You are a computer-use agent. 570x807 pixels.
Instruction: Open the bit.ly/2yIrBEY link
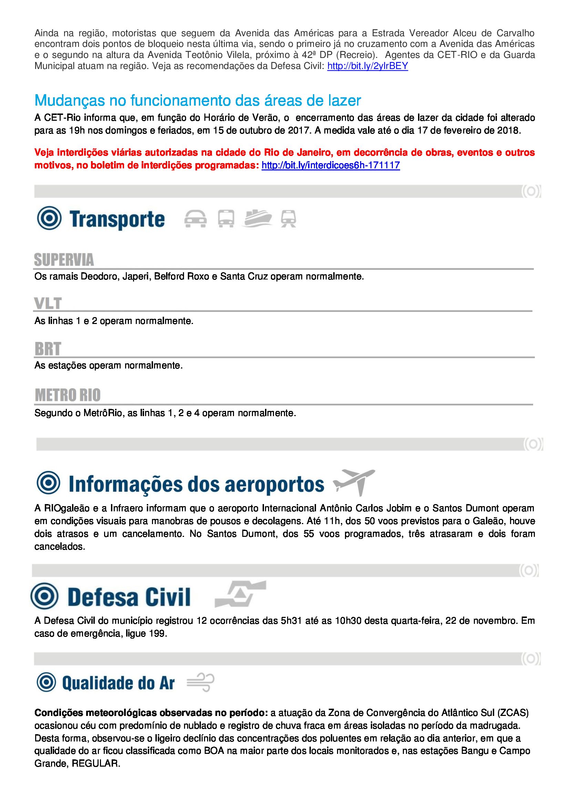pos(367,66)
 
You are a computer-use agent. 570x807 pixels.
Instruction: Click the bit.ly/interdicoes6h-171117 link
pos(330,165)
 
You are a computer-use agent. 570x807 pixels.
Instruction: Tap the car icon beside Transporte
pos(195,219)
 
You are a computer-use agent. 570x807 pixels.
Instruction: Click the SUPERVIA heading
pos(64,260)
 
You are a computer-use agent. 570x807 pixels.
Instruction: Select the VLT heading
pos(48,303)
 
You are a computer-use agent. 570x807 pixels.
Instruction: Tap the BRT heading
pos(48,349)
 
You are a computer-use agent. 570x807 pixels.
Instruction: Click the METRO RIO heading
pos(68,395)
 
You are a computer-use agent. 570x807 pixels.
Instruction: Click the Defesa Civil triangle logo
pos(241,594)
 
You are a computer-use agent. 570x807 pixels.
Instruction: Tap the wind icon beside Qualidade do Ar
pos(201,682)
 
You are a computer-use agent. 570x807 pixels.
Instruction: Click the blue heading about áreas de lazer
pos(197,100)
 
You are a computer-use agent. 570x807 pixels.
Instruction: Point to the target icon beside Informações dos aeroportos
pos(49,483)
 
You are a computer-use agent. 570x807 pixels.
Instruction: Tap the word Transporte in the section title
pos(117,219)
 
